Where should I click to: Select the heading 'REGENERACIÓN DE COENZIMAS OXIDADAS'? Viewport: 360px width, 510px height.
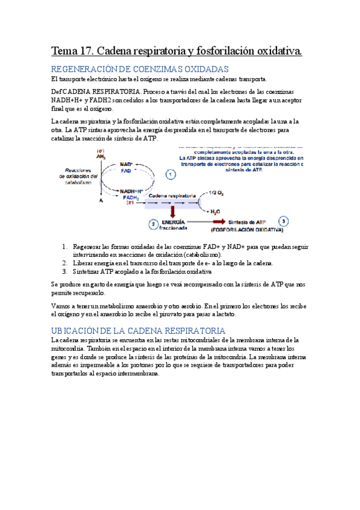139,69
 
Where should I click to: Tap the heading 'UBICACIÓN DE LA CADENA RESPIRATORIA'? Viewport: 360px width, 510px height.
138,331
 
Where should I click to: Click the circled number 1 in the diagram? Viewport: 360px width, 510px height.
171,175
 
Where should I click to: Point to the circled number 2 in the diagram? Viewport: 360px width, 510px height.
154,224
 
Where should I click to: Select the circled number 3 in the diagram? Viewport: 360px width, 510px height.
284,221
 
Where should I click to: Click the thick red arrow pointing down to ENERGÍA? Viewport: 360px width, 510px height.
172,211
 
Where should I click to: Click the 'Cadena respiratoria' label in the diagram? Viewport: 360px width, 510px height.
171,197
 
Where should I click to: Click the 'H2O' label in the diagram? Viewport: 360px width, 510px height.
215,212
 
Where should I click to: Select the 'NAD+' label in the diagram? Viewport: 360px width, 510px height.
126,164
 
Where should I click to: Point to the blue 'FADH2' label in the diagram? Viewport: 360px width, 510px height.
130,197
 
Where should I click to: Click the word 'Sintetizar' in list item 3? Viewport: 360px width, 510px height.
88,272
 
